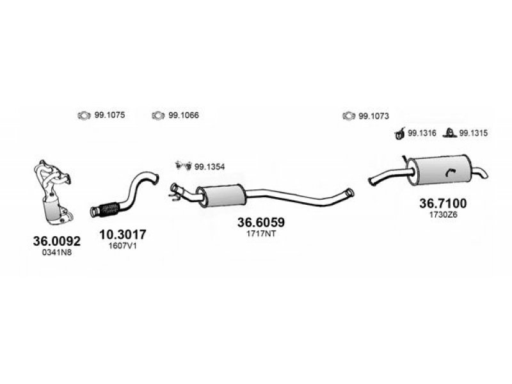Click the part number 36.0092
point(56,241)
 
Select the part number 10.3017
point(122,234)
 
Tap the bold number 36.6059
point(261,222)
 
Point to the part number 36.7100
point(443,204)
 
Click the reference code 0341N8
point(56,252)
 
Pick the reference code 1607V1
point(122,246)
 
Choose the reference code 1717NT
point(261,234)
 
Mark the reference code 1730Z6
point(443,215)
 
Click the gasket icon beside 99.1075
point(84,116)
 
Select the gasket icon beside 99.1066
point(158,116)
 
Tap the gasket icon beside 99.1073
point(349,116)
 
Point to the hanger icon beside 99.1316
point(400,133)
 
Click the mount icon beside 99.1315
point(450,133)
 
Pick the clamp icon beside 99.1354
point(184,166)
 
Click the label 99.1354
point(210,167)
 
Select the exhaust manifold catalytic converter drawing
point(53,193)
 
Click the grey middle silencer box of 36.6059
point(221,195)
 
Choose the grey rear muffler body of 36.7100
point(439,170)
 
